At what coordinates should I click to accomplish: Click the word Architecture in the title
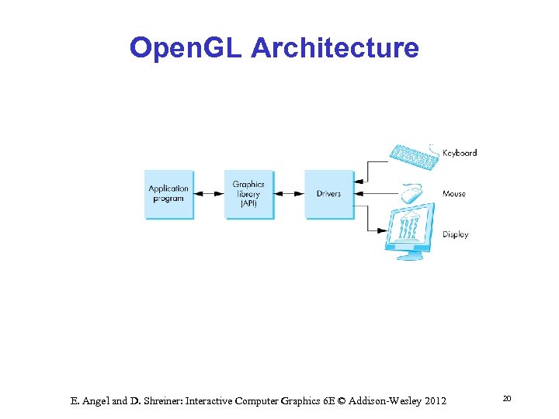[335, 48]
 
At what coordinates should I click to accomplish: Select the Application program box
[168, 194]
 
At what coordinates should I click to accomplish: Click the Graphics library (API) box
[248, 194]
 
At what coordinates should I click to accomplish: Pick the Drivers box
[328, 194]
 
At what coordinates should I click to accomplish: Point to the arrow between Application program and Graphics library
[209, 194]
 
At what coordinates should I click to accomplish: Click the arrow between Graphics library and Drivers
[289, 194]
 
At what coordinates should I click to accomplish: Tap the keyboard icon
[415, 155]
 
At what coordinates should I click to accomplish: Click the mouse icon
[411, 192]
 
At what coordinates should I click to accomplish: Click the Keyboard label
[460, 153]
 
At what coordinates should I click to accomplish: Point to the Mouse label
[454, 193]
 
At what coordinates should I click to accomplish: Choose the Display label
[456, 234]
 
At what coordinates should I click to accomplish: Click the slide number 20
[507, 398]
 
